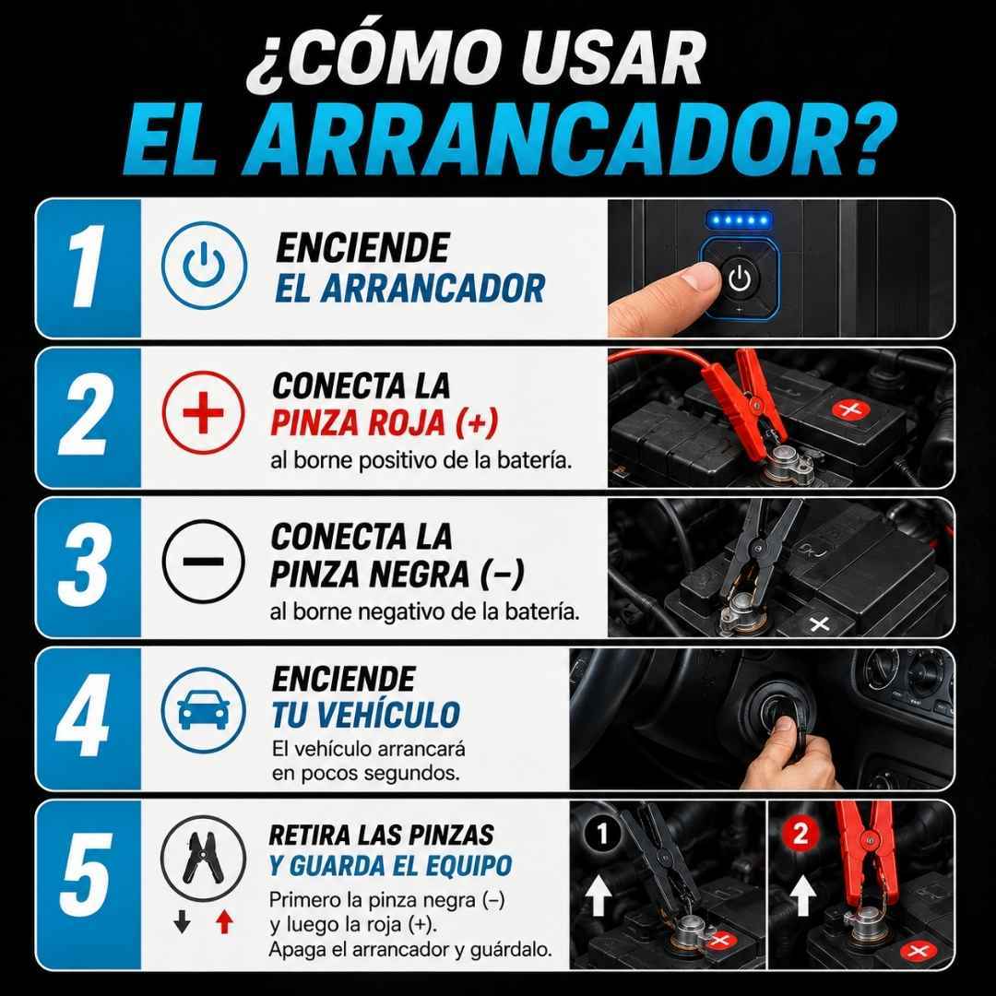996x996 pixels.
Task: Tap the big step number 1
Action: coord(87,266)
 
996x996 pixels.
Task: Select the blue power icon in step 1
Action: coord(203,265)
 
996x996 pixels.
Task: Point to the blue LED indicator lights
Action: coord(739,220)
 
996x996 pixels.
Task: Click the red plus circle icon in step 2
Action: coord(203,412)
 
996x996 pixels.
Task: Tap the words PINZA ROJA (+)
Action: coord(385,422)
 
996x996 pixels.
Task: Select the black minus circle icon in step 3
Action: coord(203,562)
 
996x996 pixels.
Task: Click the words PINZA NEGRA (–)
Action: coord(397,574)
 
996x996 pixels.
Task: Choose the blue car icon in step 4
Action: coord(203,709)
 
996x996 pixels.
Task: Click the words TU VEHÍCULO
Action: coord(366,715)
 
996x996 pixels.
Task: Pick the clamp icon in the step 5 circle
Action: coord(203,858)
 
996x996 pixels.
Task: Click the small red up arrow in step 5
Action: coord(223,921)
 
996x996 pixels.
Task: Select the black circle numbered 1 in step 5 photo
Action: coord(602,834)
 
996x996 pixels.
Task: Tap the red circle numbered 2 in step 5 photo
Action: coord(800,833)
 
